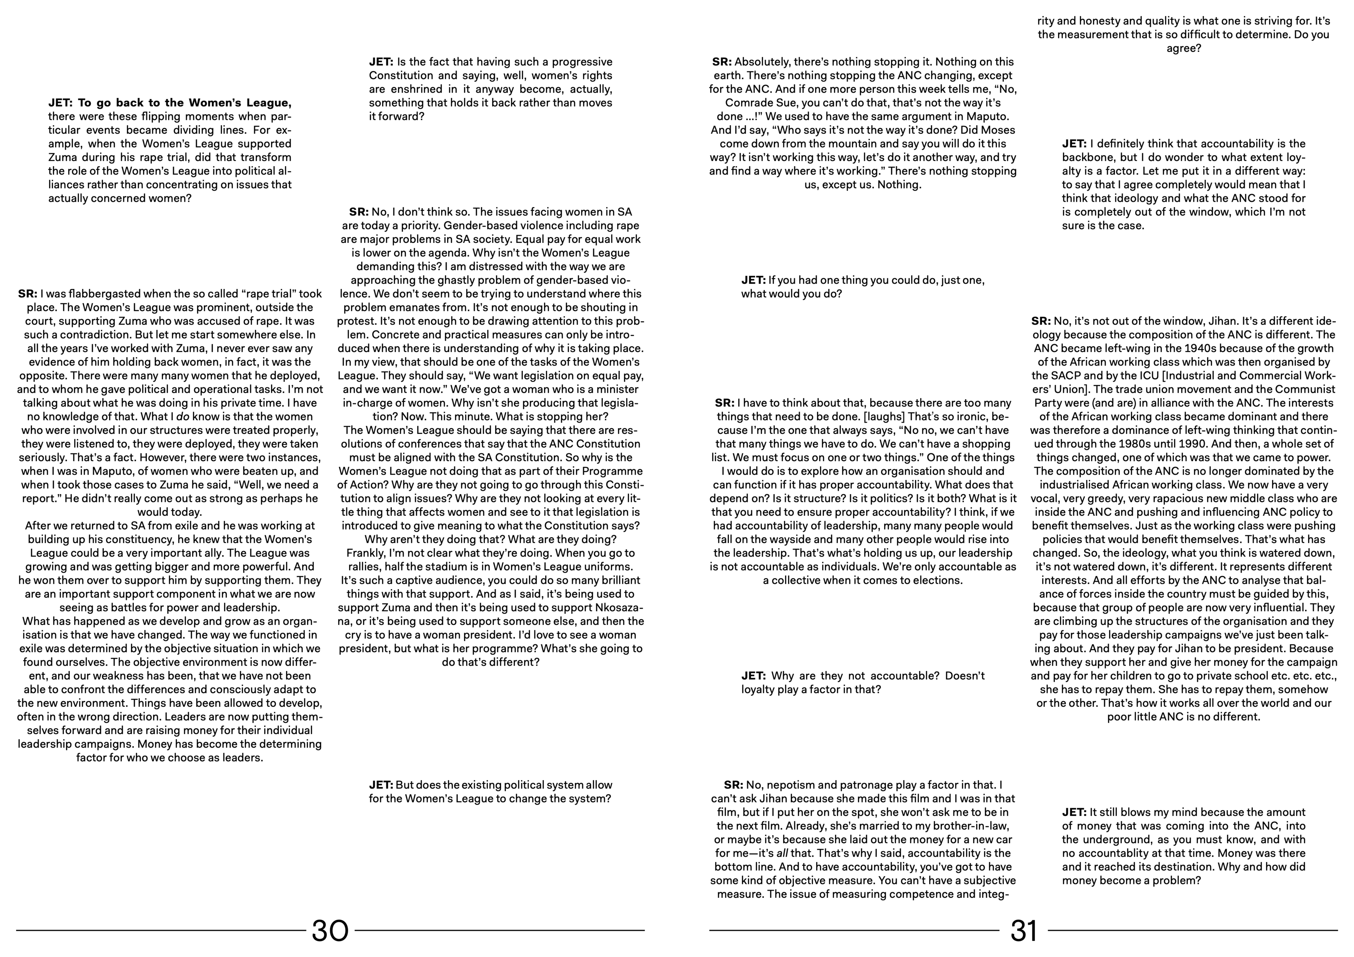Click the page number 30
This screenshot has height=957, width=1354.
330,931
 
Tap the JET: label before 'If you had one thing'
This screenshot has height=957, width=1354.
753,280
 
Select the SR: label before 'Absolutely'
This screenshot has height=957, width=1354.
722,62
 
